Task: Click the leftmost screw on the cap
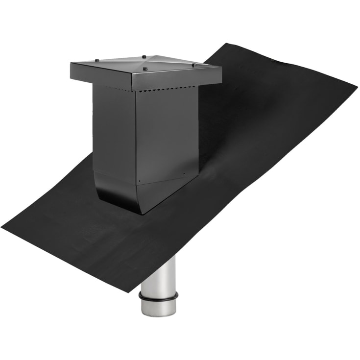pos(96,61)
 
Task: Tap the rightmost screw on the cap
pos(194,65)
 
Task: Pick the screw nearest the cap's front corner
pos(145,70)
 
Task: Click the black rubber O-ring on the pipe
pos(158,296)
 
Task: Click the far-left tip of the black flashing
pos(2,228)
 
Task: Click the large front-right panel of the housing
pos(167,132)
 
